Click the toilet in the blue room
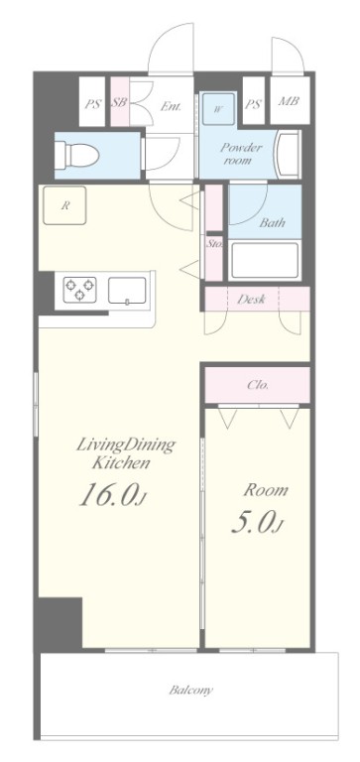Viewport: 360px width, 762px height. (76, 156)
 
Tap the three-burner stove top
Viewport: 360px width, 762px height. (79, 290)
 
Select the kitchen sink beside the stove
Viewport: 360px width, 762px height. (127, 291)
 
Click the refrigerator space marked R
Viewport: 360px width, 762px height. (64, 205)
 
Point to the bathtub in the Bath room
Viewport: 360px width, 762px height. (265, 261)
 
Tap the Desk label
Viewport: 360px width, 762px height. (251, 300)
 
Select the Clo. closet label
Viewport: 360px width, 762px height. (258, 385)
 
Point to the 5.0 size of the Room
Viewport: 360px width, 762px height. (257, 522)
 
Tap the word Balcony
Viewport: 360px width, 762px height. (191, 691)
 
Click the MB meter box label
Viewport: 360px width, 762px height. (289, 102)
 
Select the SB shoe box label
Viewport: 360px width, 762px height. (119, 103)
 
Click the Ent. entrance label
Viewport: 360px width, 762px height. (171, 106)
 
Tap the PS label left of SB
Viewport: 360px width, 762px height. (92, 104)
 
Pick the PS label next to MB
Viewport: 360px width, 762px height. (253, 104)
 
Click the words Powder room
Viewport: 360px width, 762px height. (241, 153)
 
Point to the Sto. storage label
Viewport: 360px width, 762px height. (214, 243)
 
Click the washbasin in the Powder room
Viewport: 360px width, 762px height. (287, 154)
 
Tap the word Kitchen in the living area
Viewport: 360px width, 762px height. (121, 463)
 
